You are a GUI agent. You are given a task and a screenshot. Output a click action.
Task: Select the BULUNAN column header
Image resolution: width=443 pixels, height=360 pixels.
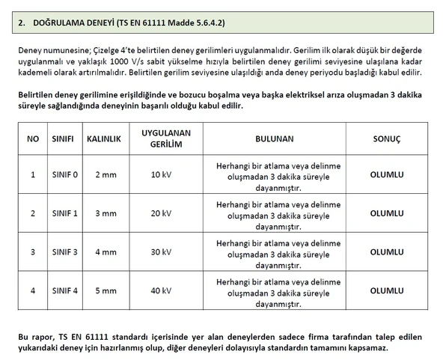274,139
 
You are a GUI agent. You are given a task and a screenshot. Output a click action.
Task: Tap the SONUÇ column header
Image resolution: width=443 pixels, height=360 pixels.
387,139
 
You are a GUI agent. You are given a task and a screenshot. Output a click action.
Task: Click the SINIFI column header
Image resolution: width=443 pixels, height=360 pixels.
62,139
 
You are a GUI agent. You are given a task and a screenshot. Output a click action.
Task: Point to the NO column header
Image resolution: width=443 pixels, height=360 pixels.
33,139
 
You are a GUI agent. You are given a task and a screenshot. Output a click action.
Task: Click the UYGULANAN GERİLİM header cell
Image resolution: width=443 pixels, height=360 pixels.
161,138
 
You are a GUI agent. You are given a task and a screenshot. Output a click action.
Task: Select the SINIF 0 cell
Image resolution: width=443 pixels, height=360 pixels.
64,174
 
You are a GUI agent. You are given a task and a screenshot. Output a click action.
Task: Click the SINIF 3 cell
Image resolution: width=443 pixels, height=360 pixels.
64,252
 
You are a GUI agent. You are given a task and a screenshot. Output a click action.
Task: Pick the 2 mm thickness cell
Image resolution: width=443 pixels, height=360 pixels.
106,174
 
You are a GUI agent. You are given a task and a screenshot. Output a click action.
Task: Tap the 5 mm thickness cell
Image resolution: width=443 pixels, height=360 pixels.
106,290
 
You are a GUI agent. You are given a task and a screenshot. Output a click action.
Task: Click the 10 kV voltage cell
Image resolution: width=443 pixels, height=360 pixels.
161,174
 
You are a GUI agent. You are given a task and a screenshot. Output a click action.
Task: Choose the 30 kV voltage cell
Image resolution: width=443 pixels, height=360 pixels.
161,252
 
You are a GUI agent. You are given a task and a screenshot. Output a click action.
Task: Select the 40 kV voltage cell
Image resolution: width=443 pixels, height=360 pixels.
161,290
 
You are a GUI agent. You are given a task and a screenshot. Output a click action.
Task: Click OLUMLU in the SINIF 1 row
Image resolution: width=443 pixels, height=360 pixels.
387,213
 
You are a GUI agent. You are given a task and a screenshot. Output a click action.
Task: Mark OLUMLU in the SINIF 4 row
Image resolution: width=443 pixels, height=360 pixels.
387,290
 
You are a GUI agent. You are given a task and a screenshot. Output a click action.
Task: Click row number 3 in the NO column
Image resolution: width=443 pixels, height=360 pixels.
33,252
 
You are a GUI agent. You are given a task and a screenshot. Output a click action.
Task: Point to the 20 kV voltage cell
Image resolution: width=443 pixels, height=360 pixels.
161,213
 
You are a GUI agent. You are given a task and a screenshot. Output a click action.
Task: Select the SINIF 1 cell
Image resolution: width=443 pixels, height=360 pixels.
64,213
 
